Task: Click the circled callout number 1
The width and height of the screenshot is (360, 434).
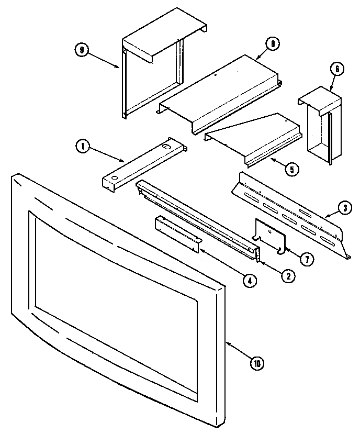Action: tap(82, 147)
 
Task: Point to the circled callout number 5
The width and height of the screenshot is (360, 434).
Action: tap(292, 169)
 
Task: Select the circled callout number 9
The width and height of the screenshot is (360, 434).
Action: tap(81, 50)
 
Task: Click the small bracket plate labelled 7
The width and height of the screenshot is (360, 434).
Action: tap(270, 236)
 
